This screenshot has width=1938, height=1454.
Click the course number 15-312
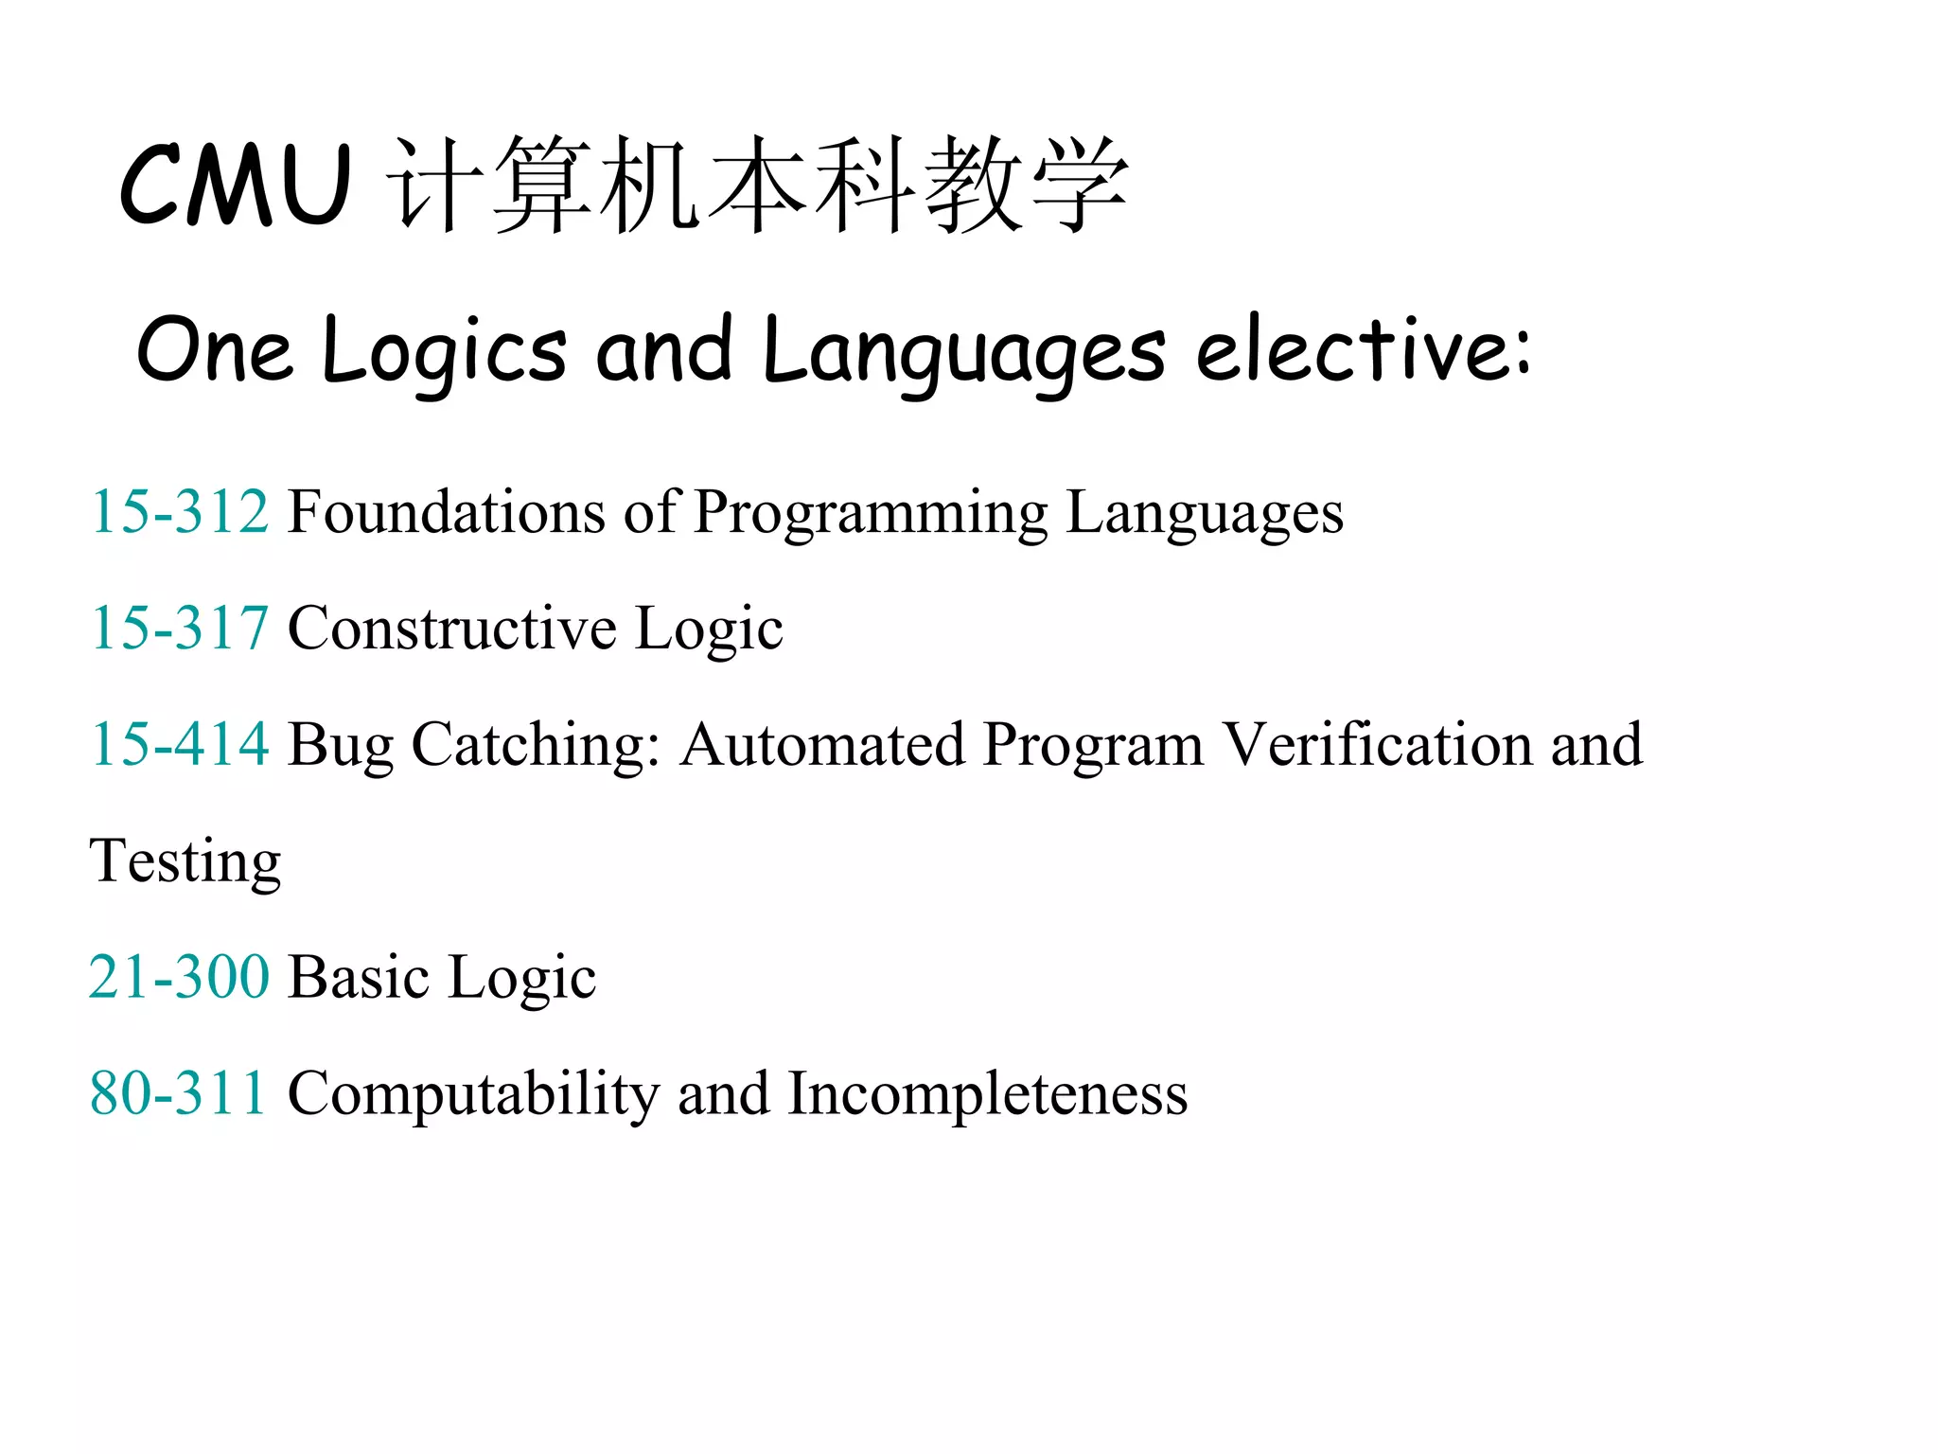[180, 512]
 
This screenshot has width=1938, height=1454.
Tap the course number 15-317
[180, 628]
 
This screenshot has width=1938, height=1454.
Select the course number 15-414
[180, 744]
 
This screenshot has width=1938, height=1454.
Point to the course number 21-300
[180, 977]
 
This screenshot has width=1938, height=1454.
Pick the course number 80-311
[178, 1093]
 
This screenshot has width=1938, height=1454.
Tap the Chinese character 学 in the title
[1080, 185]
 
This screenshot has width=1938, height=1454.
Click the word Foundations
[446, 512]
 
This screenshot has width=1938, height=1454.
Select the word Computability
[473, 1096]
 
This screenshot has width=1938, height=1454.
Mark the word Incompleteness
[987, 1096]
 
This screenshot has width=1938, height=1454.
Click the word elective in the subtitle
[1363, 350]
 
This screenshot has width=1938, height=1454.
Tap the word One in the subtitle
[214, 350]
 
